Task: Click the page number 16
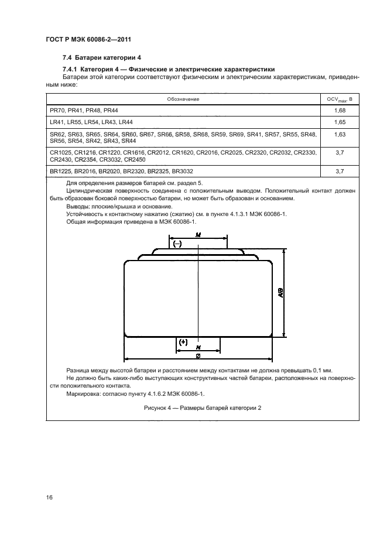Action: point(50,498)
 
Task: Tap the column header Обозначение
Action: point(184,98)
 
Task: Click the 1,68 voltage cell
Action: point(340,110)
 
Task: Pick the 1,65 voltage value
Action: point(340,122)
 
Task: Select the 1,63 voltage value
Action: point(340,134)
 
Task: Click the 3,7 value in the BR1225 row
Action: point(340,171)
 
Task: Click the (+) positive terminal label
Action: point(184,341)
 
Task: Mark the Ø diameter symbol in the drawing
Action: point(198,356)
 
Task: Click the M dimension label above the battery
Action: point(198,235)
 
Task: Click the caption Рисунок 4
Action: point(203,408)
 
